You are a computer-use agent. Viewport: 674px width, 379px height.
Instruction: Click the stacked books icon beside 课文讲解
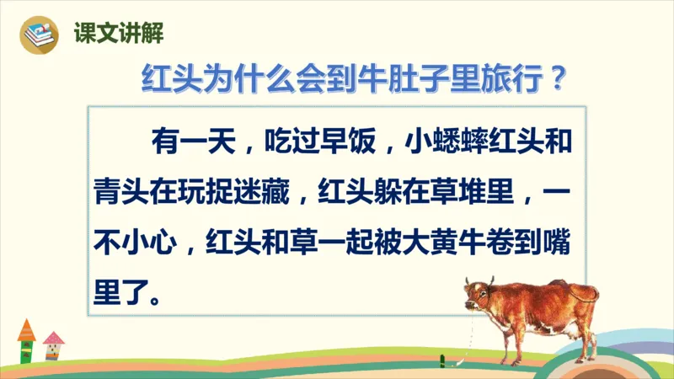click(40, 34)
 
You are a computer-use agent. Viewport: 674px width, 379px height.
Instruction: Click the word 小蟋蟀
click(441, 140)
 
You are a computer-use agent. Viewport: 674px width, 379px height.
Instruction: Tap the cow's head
click(477, 295)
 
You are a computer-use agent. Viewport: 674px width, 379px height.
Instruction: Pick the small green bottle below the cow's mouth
click(442, 360)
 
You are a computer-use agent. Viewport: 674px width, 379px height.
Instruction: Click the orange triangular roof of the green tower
click(26, 328)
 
